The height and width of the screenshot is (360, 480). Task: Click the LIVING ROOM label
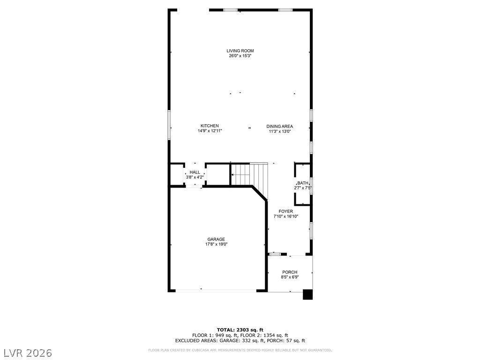pyautogui.click(x=240, y=51)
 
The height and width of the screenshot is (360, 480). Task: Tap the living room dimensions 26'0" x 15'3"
pyautogui.click(x=240, y=56)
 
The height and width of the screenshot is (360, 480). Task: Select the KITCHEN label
pyautogui.click(x=210, y=126)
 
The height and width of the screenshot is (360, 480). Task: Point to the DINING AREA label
pyautogui.click(x=279, y=127)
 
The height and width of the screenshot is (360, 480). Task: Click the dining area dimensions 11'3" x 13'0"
pyautogui.click(x=279, y=132)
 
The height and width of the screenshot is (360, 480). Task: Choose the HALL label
pyautogui.click(x=195, y=172)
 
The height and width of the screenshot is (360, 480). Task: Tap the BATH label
pyautogui.click(x=303, y=183)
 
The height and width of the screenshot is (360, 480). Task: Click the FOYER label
pyautogui.click(x=285, y=211)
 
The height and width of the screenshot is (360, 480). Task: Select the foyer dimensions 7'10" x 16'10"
pyautogui.click(x=285, y=217)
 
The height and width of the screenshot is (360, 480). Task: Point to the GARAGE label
pyautogui.click(x=216, y=240)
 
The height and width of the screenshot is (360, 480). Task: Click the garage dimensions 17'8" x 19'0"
pyautogui.click(x=216, y=244)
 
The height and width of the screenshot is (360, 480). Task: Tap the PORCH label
pyautogui.click(x=290, y=272)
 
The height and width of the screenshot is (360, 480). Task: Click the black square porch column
pyautogui.click(x=307, y=294)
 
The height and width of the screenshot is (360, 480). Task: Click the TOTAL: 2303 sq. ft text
pyautogui.click(x=240, y=330)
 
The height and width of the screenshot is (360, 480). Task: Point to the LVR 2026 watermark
pyautogui.click(x=26, y=353)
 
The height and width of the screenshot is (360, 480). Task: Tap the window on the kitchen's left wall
pyautogui.click(x=169, y=125)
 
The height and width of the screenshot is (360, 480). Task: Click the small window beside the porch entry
pyautogui.click(x=275, y=254)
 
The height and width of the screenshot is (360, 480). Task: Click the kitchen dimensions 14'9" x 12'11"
pyautogui.click(x=210, y=131)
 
